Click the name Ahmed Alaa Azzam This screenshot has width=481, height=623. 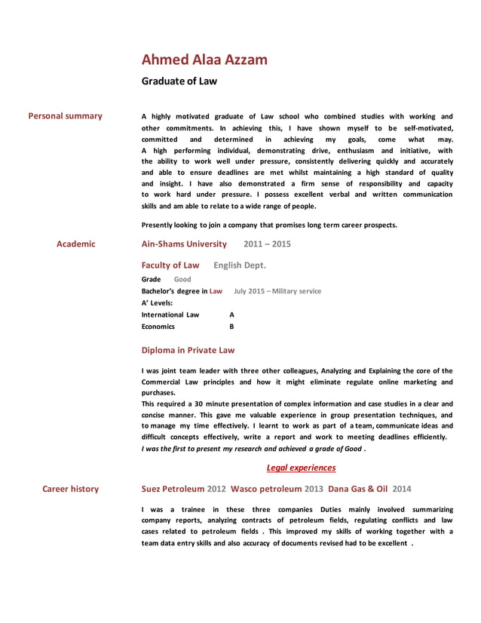pyautogui.click(x=204, y=60)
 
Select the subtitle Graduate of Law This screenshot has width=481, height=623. pyautogui.click(x=179, y=81)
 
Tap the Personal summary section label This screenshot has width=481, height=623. pyautogui.click(x=65, y=116)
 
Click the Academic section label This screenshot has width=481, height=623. pyautogui.click(x=76, y=244)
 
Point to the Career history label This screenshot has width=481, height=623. pyautogui.click(x=70, y=489)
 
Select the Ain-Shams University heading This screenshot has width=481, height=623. pyautogui.click(x=184, y=244)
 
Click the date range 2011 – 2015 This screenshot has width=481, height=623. pyautogui.click(x=267, y=244)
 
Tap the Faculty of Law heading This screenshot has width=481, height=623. pyautogui.click(x=170, y=265)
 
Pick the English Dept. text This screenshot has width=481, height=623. pyautogui.click(x=240, y=265)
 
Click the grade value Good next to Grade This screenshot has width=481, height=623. pyautogui.click(x=182, y=279)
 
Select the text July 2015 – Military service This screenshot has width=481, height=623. pyautogui.click(x=277, y=291)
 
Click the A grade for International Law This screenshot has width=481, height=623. pyautogui.click(x=231, y=315)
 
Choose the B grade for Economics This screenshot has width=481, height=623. pyautogui.click(x=231, y=327)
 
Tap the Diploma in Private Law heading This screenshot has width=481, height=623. pyautogui.click(x=188, y=350)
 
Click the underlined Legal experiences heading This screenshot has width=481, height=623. pyautogui.click(x=301, y=468)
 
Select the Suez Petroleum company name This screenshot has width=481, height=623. pyautogui.click(x=173, y=489)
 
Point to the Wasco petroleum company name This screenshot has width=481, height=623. pyautogui.click(x=265, y=489)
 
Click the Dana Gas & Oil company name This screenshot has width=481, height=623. pyautogui.click(x=357, y=489)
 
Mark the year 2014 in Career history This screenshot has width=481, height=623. pyautogui.click(x=402, y=489)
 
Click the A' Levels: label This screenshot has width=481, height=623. pyautogui.click(x=157, y=302)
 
